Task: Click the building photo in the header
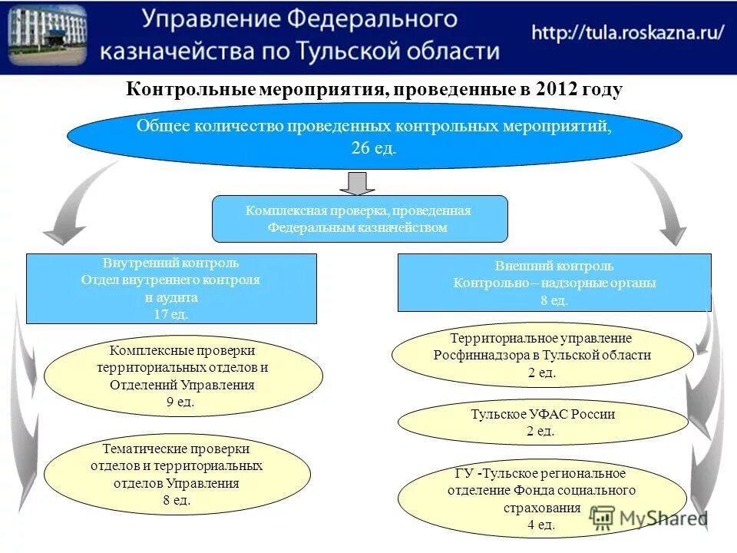tap(47, 36)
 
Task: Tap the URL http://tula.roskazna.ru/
tap(627, 34)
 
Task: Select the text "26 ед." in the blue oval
tap(374, 148)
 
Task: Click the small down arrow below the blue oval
tap(358, 183)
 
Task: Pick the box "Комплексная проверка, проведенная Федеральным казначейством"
tap(359, 219)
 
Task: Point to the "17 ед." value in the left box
tap(171, 313)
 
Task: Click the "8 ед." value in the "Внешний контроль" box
tap(554, 301)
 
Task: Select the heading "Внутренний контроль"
tap(171, 263)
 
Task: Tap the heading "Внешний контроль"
tap(554, 266)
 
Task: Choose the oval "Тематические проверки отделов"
tap(177, 474)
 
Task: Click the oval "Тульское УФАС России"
tap(543, 422)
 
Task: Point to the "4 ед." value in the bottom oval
tap(540, 525)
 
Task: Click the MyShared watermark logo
tap(649, 520)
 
